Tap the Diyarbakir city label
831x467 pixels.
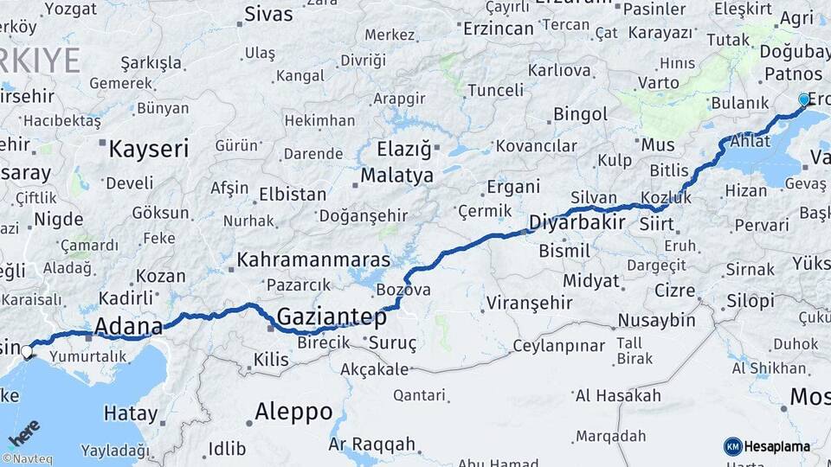coord(578,222)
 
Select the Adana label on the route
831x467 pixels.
coord(129,327)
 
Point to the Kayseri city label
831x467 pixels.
coord(148,149)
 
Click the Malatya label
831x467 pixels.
coord(396,176)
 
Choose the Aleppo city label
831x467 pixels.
coord(293,412)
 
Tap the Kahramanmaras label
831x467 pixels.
coord(301,259)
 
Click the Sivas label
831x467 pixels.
coord(268,14)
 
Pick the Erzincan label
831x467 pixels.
coord(498,29)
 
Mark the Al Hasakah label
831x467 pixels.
coord(617,396)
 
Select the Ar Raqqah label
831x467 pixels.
coord(372,445)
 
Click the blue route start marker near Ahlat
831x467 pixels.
coord(804,99)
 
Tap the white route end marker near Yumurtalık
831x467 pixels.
coord(28,351)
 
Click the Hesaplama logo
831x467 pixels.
coord(767,446)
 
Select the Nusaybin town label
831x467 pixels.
coord(656,321)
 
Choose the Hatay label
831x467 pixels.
coord(131,413)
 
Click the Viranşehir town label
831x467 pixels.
coord(528,303)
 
